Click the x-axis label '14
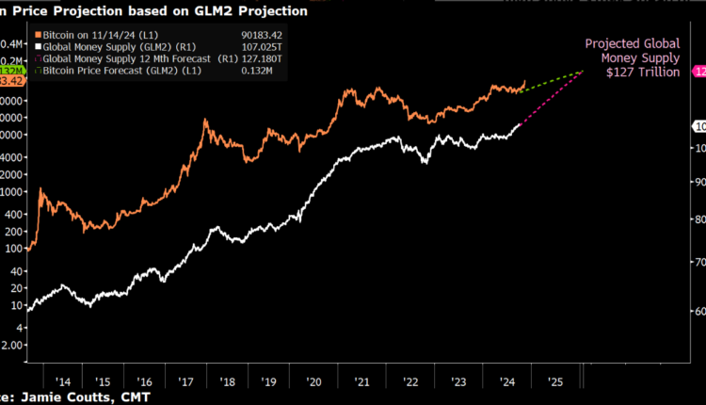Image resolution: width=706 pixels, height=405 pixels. click(x=63, y=381)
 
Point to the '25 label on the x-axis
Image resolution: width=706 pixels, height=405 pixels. click(x=555, y=381)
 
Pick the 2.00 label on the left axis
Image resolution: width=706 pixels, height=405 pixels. click(x=11, y=345)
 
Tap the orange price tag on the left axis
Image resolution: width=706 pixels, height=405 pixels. click(x=12, y=82)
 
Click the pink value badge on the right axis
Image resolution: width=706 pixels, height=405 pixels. click(x=699, y=72)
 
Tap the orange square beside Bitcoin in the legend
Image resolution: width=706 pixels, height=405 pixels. click(x=34, y=34)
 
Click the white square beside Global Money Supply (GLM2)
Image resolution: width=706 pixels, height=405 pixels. click(x=34, y=46)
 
